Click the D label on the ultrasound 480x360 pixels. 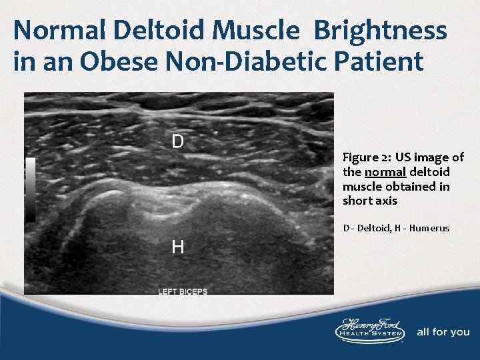[x=178, y=141]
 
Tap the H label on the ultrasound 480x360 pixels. [x=178, y=247]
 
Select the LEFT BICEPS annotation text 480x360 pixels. [x=183, y=291]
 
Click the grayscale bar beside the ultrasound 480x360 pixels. [x=31, y=190]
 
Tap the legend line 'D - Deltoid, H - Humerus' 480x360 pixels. [x=396, y=228]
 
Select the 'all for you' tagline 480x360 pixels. [x=443, y=332]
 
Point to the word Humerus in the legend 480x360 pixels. [x=431, y=228]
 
